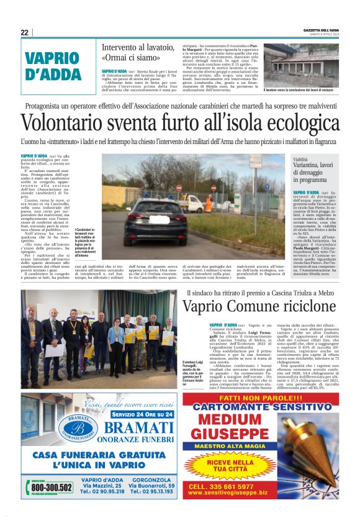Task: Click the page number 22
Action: pyautogui.click(x=24, y=33)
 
